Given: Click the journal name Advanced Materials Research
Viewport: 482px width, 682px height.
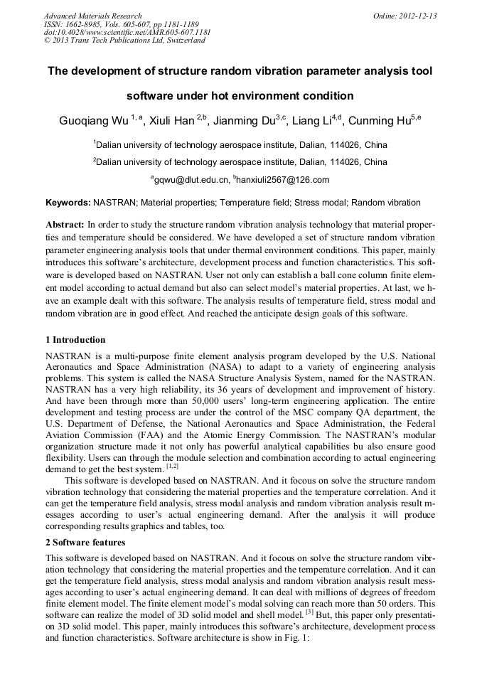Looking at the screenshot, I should [92, 16].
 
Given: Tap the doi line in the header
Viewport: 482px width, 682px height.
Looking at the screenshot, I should [127, 32].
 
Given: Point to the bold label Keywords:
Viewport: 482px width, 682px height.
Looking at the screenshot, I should [68, 203].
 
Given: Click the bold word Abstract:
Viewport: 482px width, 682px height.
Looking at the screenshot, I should [65, 223].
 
